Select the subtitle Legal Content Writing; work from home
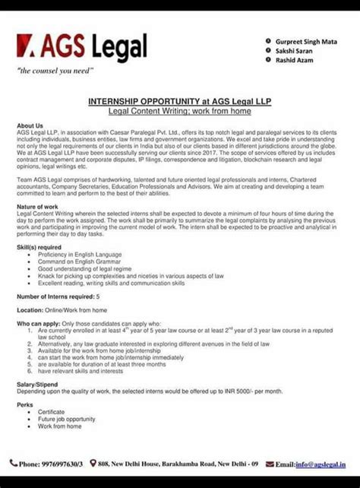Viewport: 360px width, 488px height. [180, 111]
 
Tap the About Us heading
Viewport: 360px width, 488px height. [30, 125]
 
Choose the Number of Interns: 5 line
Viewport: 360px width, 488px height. [58, 295]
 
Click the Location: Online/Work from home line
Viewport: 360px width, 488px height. [67, 311]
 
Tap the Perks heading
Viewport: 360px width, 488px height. [24, 404]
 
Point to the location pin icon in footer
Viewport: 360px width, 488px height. [93, 462]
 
